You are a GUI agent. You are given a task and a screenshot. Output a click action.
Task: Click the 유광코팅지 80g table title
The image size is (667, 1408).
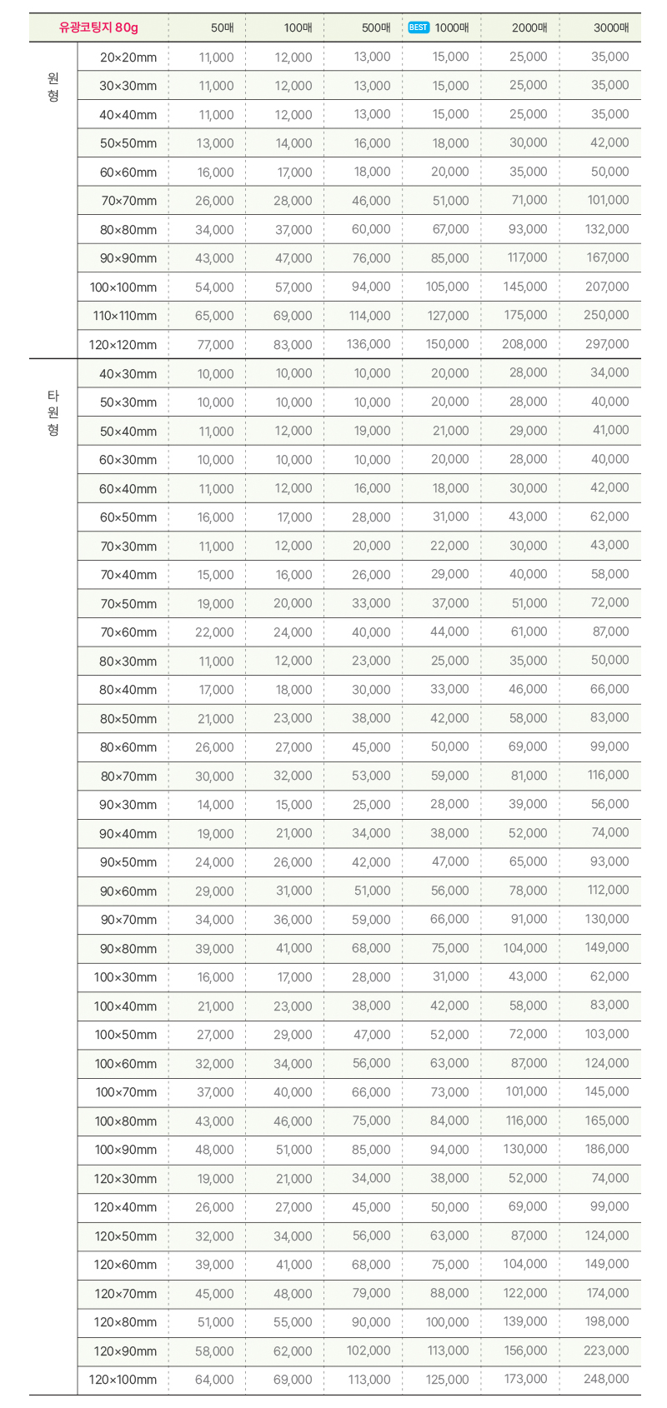coord(98,27)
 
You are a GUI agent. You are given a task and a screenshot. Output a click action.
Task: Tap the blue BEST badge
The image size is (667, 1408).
coord(419,27)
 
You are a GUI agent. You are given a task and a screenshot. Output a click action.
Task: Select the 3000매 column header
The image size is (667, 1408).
coord(611,27)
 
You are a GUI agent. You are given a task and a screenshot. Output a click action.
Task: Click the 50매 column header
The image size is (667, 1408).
coord(223,27)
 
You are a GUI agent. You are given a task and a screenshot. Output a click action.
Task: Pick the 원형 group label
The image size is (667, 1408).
coord(53,87)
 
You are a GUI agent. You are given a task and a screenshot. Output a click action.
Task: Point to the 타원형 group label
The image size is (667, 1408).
coord(53,412)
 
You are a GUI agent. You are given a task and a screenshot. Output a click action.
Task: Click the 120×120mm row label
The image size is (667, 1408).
coord(123,345)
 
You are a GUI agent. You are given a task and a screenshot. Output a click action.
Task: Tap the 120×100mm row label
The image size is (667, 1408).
coord(123,1380)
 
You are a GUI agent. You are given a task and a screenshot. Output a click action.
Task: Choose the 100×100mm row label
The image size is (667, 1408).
coord(123,287)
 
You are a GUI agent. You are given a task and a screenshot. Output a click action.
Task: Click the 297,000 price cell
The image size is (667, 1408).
coord(607,344)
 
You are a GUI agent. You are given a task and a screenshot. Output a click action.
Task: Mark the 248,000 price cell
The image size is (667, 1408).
coord(607,1379)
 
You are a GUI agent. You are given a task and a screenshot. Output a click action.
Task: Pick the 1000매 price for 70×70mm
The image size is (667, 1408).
coord(450,201)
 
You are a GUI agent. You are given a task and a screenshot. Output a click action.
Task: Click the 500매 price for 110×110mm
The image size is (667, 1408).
coord(369,316)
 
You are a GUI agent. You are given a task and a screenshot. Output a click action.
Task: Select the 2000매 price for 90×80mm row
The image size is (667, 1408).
coord(525,948)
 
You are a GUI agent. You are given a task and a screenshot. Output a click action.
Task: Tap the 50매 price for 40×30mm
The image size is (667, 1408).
coord(215,374)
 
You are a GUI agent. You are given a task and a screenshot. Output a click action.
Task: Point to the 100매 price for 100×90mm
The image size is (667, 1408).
coord(293,1150)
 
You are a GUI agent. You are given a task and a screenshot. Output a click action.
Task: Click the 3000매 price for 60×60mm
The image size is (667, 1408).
coord(609,172)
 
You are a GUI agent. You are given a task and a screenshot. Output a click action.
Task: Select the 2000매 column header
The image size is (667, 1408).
coord(529,27)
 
